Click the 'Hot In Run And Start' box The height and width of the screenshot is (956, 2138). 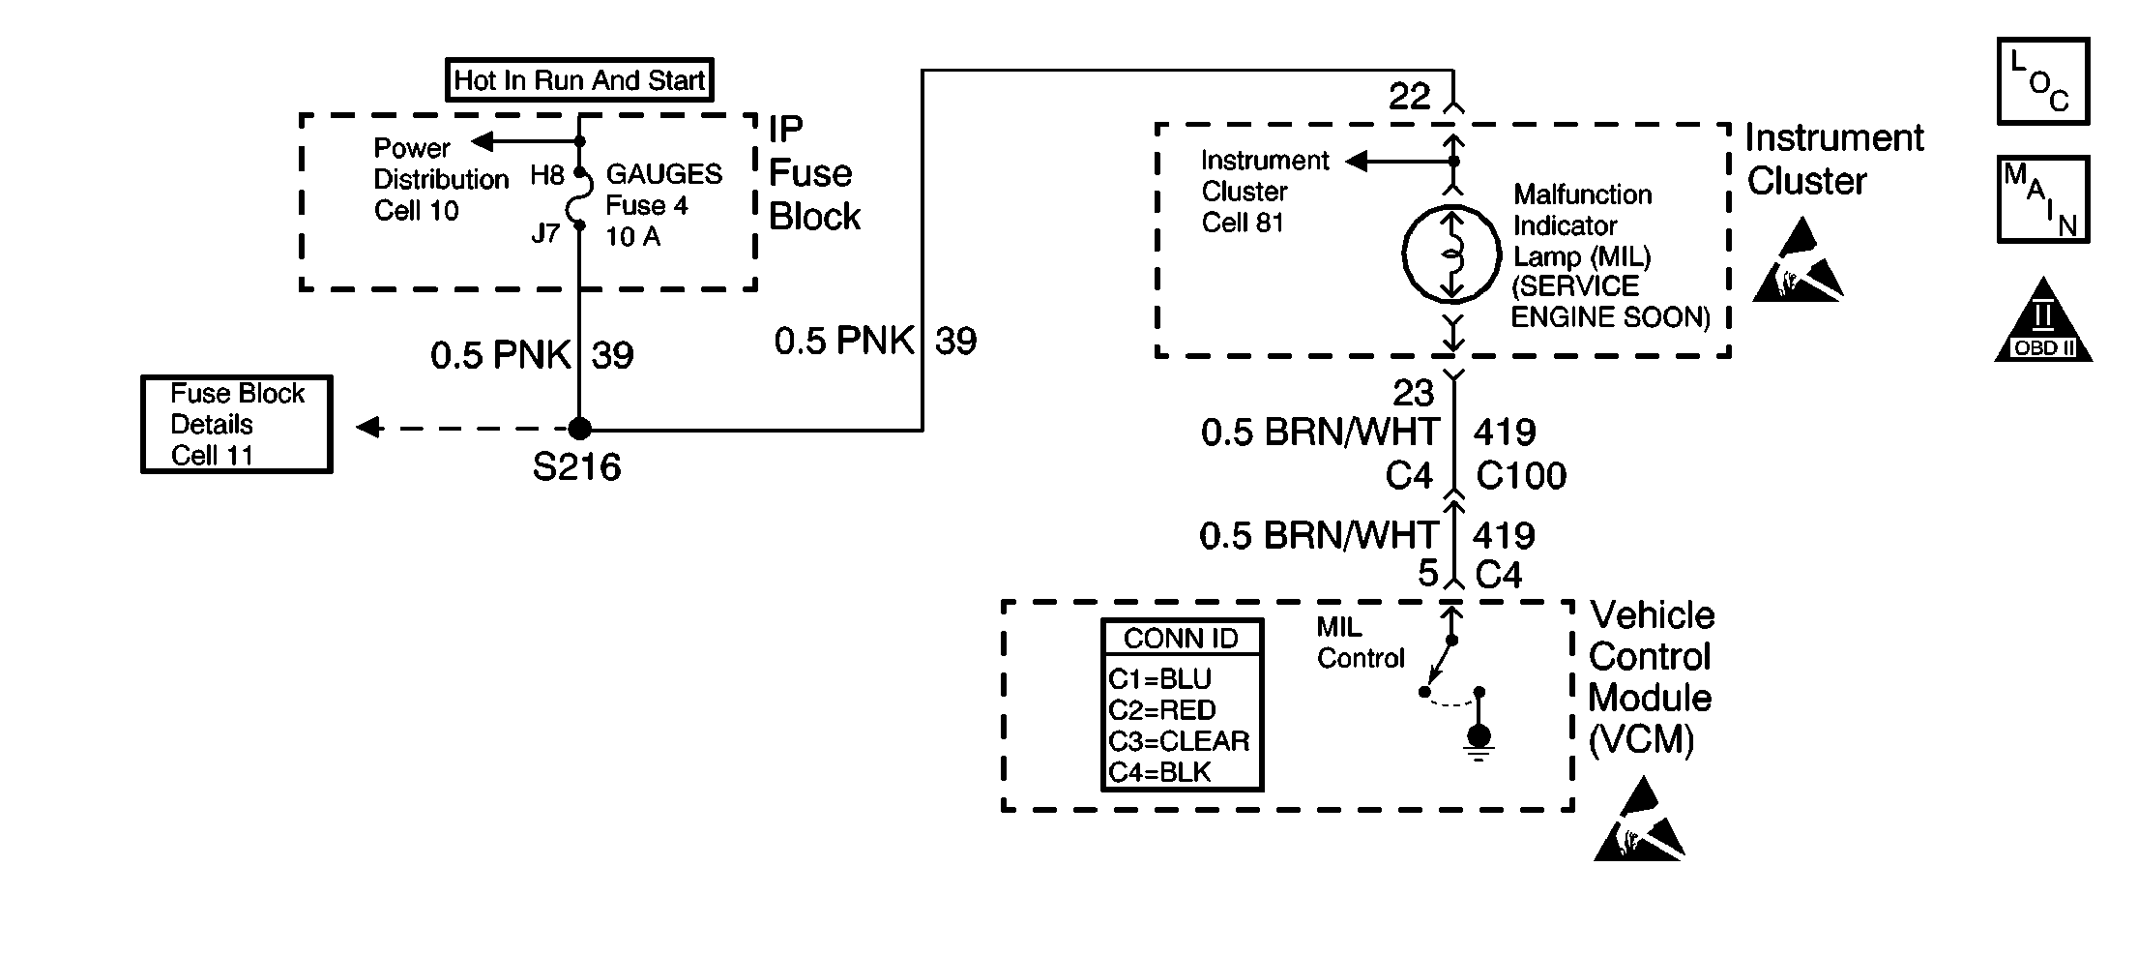click(x=579, y=80)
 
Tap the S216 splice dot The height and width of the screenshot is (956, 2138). click(x=578, y=429)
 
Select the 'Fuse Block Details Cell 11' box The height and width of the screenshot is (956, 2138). click(x=237, y=425)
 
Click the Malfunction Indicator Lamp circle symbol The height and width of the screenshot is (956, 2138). click(x=1451, y=254)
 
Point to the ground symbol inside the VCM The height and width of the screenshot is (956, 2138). click(x=1479, y=742)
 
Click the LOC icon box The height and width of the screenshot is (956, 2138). click(x=2043, y=81)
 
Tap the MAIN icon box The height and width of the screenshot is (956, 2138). click(x=2043, y=199)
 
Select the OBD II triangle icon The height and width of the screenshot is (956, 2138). click(x=2043, y=320)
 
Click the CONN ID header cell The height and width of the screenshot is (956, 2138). click(x=1182, y=639)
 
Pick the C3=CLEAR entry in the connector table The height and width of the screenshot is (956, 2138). click(x=1179, y=741)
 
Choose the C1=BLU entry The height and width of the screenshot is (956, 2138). click(x=1159, y=679)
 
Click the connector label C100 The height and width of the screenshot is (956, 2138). click(x=1521, y=476)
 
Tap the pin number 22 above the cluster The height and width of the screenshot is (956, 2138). click(x=1409, y=97)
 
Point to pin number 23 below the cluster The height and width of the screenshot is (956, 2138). click(x=1413, y=393)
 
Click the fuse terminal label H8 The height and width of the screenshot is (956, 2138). click(x=546, y=175)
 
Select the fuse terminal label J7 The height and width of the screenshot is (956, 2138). click(x=545, y=233)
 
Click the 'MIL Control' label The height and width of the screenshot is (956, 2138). click(x=1360, y=642)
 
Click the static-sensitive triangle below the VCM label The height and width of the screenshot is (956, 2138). click(x=1640, y=819)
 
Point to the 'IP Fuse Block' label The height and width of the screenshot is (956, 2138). click(x=814, y=174)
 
